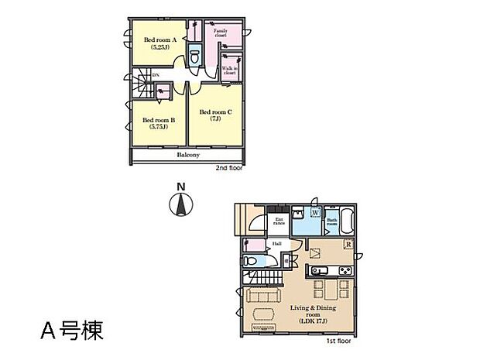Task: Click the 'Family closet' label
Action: click(231, 33)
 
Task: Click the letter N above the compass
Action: click(180, 187)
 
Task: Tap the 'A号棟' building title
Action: click(70, 331)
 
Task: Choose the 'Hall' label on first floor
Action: click(276, 245)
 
